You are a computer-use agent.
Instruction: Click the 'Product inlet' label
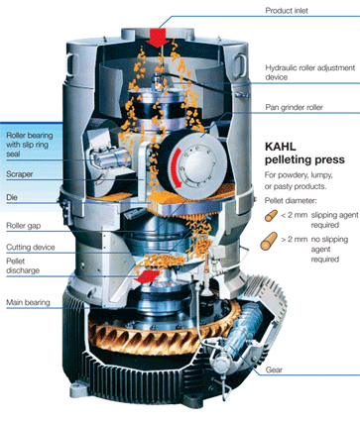[287, 11]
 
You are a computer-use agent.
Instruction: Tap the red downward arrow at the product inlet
[158, 38]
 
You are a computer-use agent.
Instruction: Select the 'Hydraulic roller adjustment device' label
[310, 72]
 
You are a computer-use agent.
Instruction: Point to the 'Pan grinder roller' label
[294, 107]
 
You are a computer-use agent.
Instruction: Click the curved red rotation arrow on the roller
[176, 168]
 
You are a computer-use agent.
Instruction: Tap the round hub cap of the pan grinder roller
[196, 164]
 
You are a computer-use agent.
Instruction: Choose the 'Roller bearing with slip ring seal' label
[30, 145]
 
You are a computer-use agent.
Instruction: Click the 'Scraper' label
[20, 174]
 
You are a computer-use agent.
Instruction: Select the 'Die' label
[12, 197]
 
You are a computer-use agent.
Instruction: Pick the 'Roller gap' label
[24, 226]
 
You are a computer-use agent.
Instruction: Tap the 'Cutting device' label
[31, 248]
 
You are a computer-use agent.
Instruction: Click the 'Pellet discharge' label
[23, 265]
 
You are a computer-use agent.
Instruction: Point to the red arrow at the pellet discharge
[147, 276]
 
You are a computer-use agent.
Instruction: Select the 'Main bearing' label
[28, 302]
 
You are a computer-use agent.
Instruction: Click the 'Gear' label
[274, 369]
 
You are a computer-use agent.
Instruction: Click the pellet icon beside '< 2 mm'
[271, 216]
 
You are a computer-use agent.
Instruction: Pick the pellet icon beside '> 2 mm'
[269, 241]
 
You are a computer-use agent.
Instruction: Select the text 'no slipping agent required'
[329, 249]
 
